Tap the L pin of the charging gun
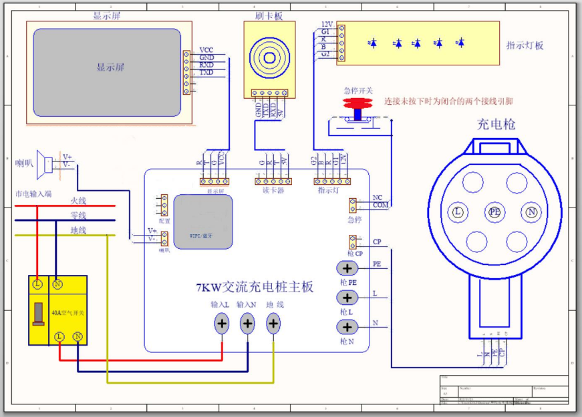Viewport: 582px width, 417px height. tap(458, 212)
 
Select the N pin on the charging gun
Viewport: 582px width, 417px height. tap(532, 212)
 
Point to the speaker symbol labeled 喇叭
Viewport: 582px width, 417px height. tap(45, 163)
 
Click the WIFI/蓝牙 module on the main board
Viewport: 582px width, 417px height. tap(203, 222)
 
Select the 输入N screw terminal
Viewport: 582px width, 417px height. tap(248, 324)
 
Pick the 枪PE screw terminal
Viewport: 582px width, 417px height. tap(347, 268)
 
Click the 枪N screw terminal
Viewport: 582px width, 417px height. tap(347, 327)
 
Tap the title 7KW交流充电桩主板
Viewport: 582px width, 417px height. tap(255, 288)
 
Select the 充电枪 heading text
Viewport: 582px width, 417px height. tap(496, 124)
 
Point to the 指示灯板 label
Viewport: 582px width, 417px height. tap(525, 45)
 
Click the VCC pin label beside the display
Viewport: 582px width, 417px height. tap(206, 50)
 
